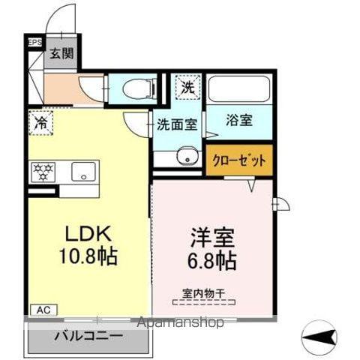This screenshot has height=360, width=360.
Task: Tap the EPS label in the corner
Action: click(x=34, y=43)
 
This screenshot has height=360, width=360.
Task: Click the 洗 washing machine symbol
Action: click(x=187, y=87)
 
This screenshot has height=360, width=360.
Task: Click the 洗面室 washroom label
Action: click(x=176, y=124)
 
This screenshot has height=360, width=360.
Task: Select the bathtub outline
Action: click(x=238, y=88)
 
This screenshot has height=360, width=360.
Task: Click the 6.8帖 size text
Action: click(x=212, y=262)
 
